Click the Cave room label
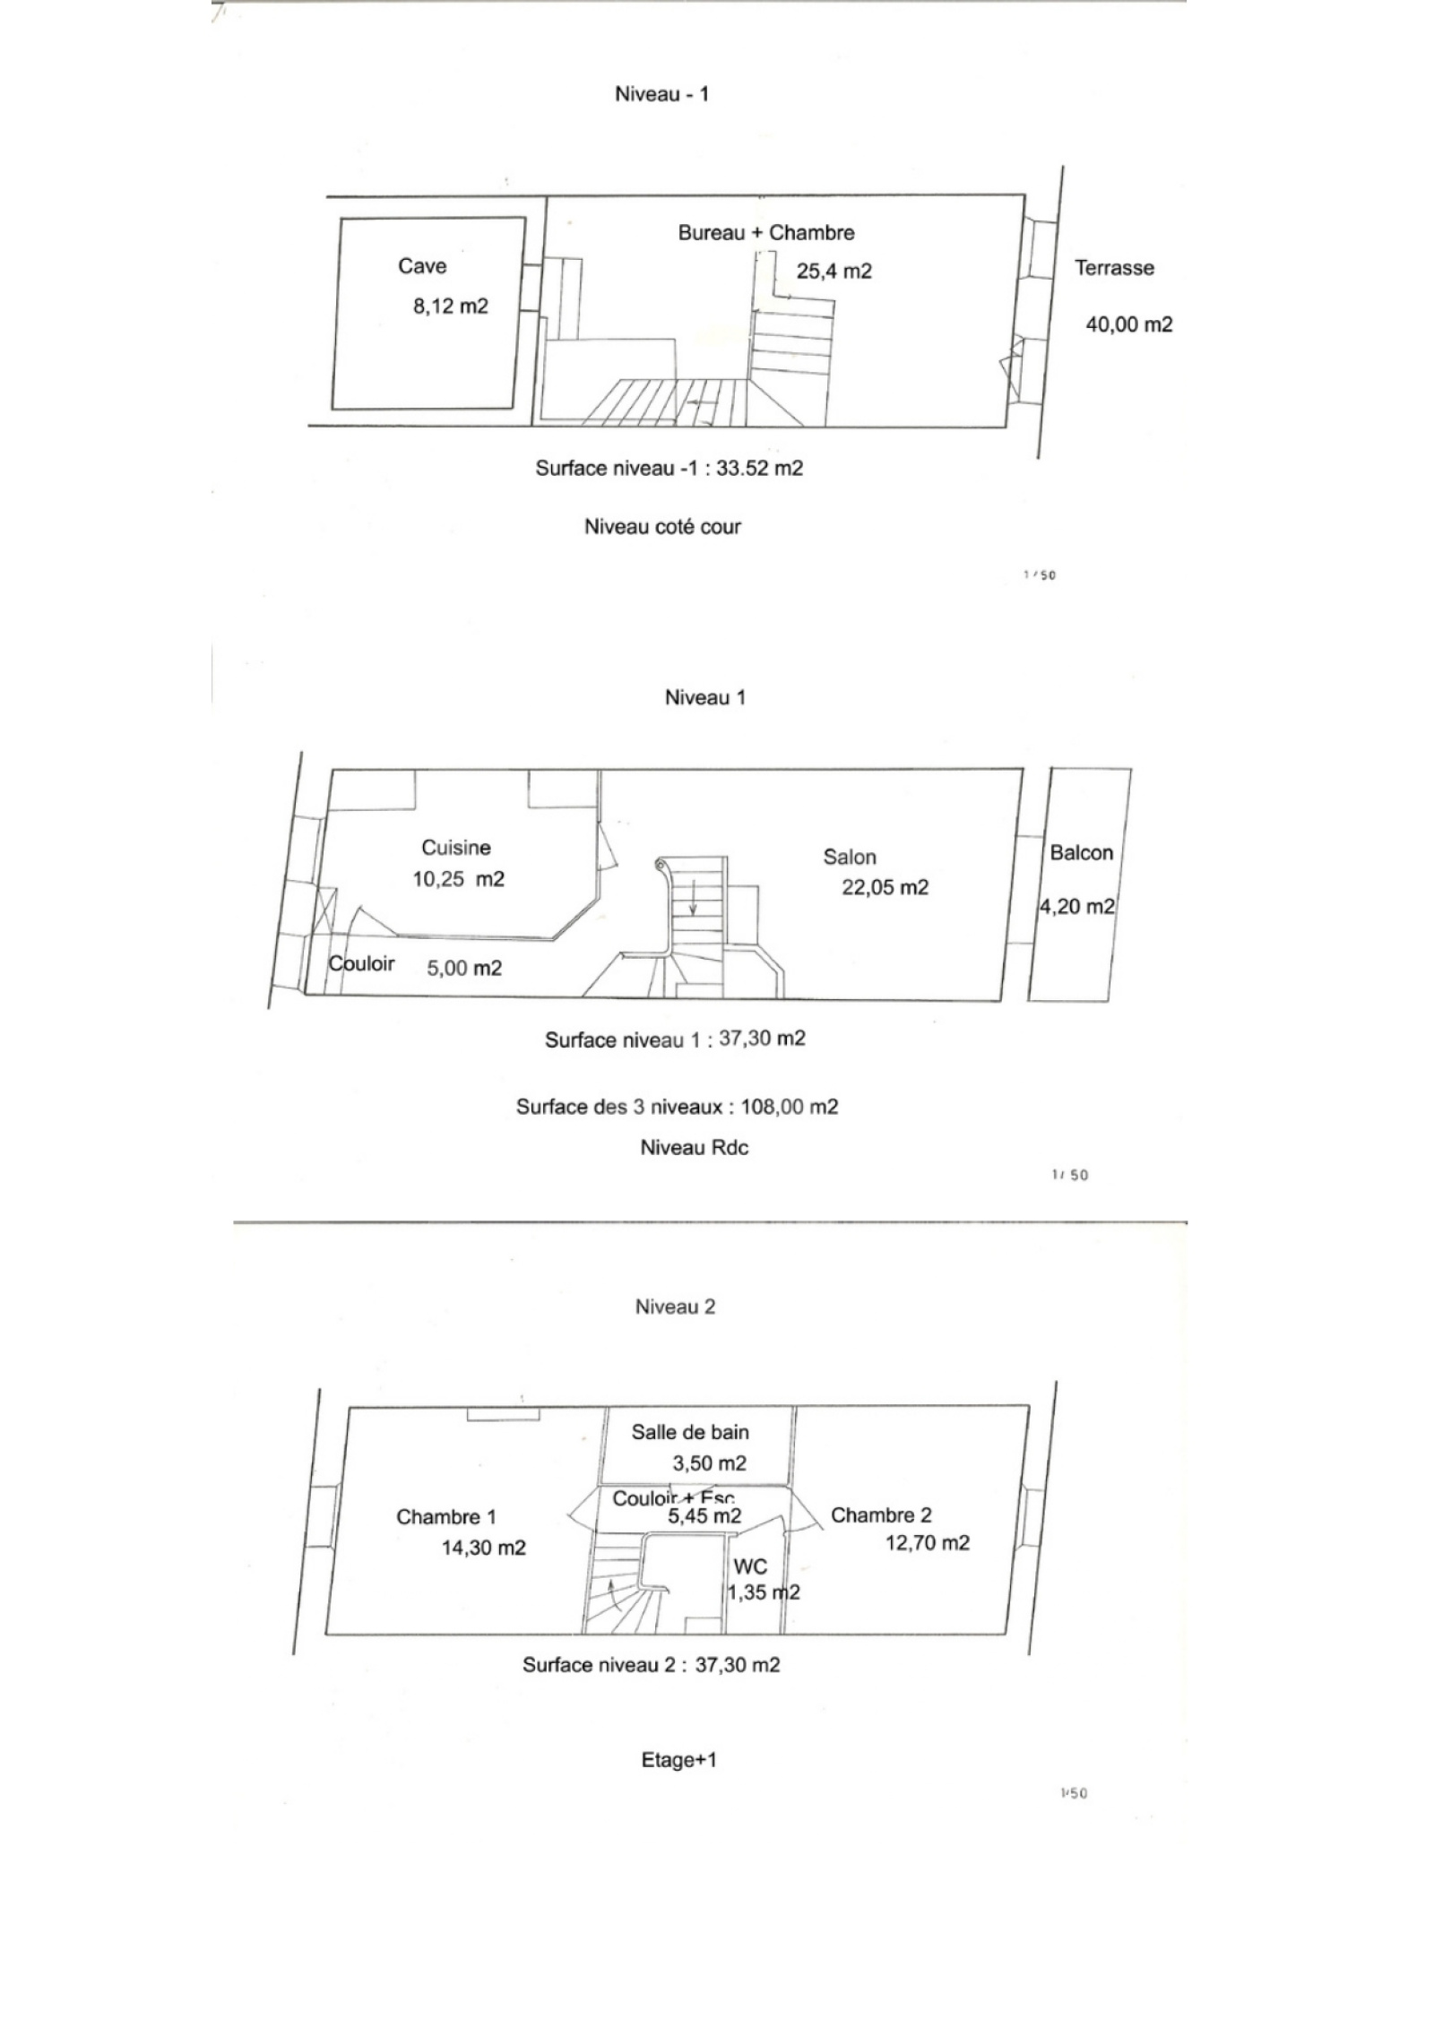click(422, 266)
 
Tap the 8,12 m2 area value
click(450, 306)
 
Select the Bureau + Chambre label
click(766, 233)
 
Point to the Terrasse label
click(1114, 268)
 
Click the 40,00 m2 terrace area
click(1129, 324)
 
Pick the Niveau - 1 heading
click(661, 95)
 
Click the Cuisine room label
click(456, 848)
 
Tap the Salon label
click(850, 858)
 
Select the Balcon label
click(1081, 853)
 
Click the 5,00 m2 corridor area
click(464, 968)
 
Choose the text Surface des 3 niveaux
click(619, 1107)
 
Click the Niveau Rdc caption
click(695, 1148)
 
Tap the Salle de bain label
click(690, 1432)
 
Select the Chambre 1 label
click(446, 1517)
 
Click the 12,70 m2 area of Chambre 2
click(928, 1543)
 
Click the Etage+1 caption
click(679, 1760)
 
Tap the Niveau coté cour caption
click(663, 527)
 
